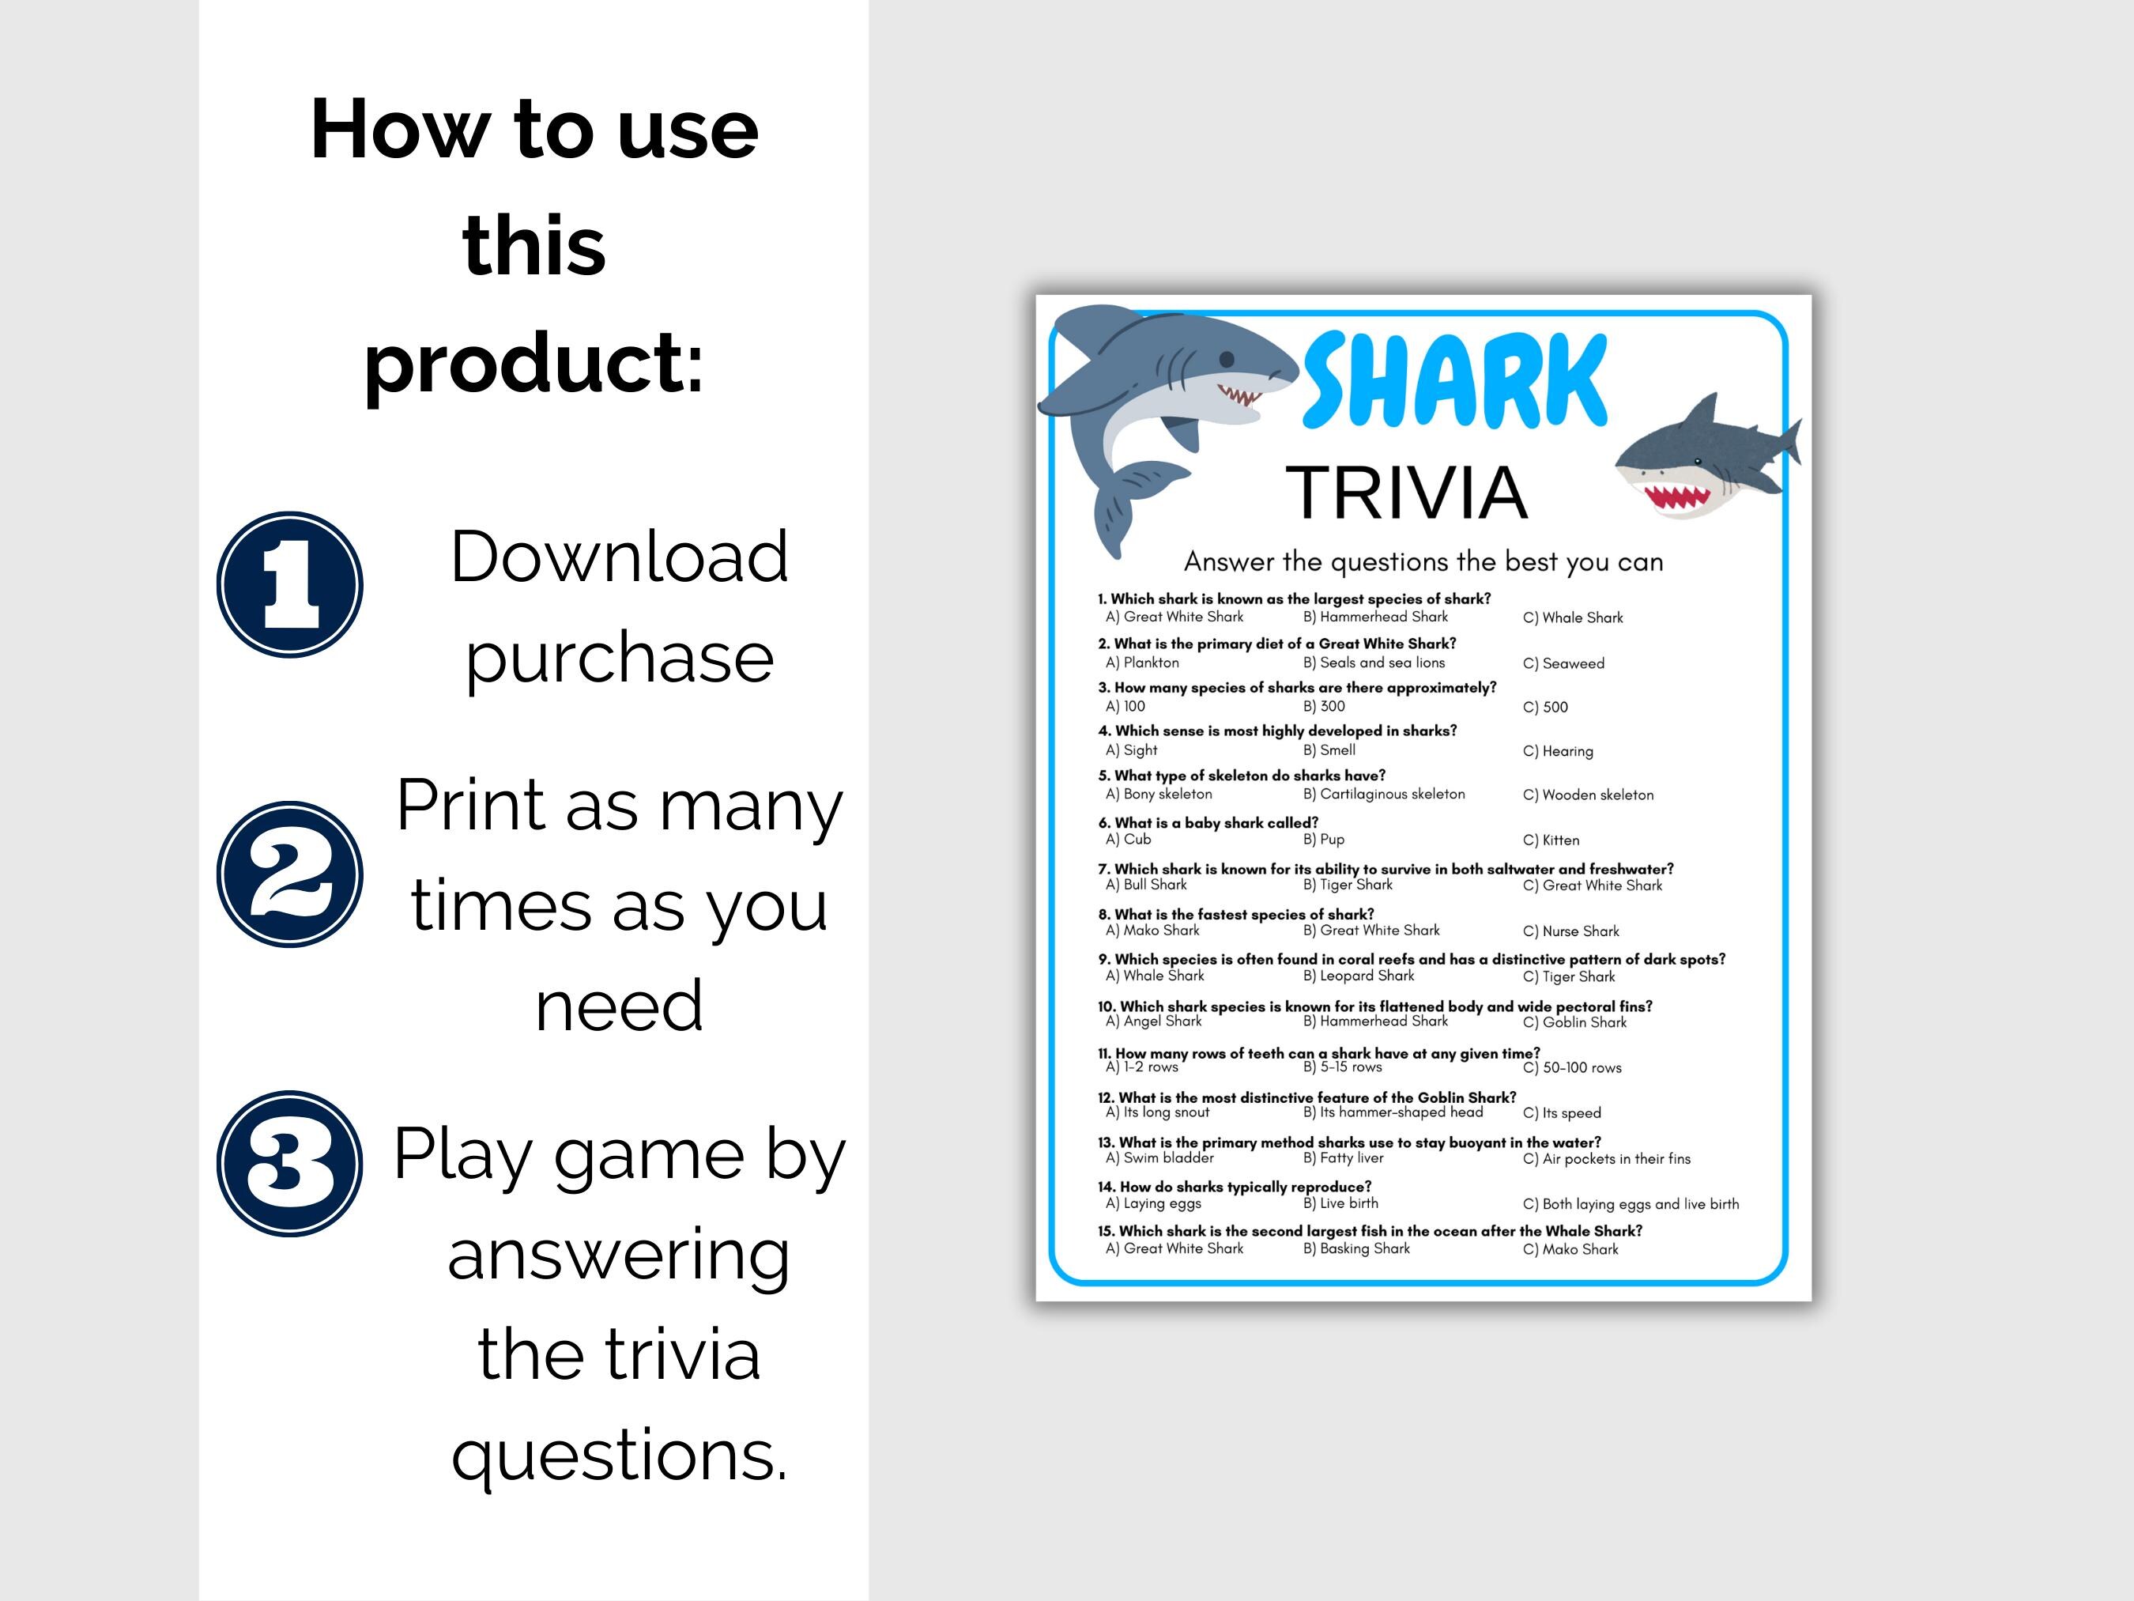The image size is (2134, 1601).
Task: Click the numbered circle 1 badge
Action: (289, 585)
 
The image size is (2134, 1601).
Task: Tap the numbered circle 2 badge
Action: (289, 874)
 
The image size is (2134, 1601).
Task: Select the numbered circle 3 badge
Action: (289, 1163)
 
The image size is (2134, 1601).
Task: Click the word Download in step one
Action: (620, 557)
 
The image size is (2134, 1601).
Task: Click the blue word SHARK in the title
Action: (1455, 382)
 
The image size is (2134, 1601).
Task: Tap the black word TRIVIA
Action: (1407, 493)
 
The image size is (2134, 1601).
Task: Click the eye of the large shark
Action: (1227, 359)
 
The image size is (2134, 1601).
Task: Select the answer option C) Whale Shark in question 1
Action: (1573, 617)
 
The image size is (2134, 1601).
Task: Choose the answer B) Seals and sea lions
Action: (1374, 663)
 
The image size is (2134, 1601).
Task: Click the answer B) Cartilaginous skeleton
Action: (1383, 795)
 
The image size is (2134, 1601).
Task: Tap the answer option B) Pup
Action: (1324, 840)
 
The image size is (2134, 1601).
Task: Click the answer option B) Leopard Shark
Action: (1359, 976)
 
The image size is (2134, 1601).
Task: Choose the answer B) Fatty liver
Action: (1343, 1158)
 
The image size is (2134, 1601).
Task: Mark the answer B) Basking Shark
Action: (1356, 1248)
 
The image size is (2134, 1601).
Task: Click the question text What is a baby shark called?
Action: (1216, 822)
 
